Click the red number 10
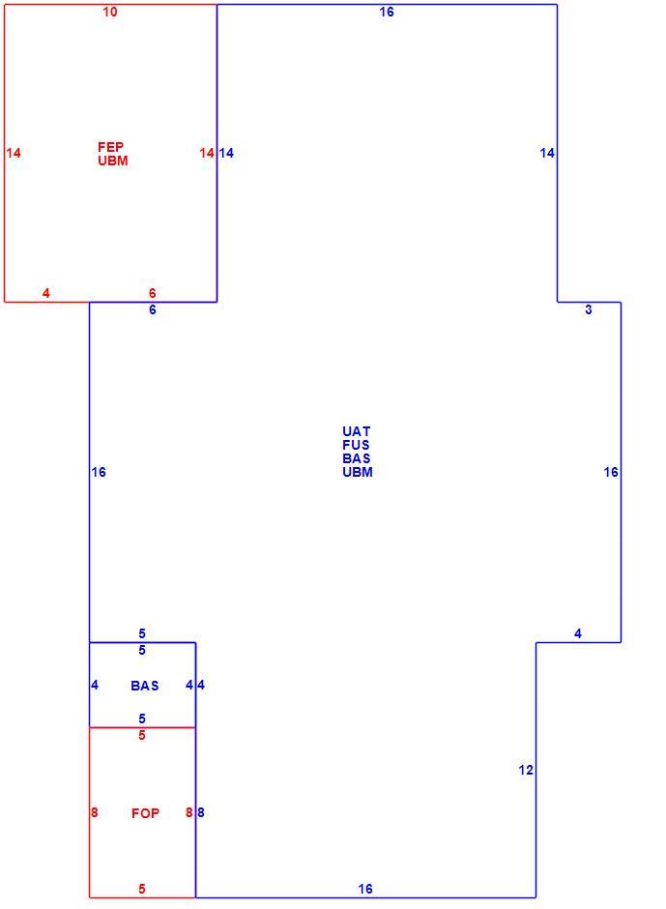[110, 12]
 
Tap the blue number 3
[589, 309]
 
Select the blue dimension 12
[526, 770]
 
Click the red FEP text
[111, 147]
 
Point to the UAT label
[356, 431]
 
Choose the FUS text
[356, 445]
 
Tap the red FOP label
[145, 813]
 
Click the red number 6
[153, 293]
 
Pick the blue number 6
[153, 309]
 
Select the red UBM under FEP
[112, 161]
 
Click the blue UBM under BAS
[357, 472]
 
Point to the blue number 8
[200, 812]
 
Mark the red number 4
[46, 293]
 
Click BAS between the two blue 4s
[145, 686]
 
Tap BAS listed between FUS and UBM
[356, 458]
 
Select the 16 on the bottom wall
[365, 889]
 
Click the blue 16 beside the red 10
[387, 12]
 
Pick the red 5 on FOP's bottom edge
[142, 889]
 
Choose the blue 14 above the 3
[547, 153]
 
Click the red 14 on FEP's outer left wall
[14, 153]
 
